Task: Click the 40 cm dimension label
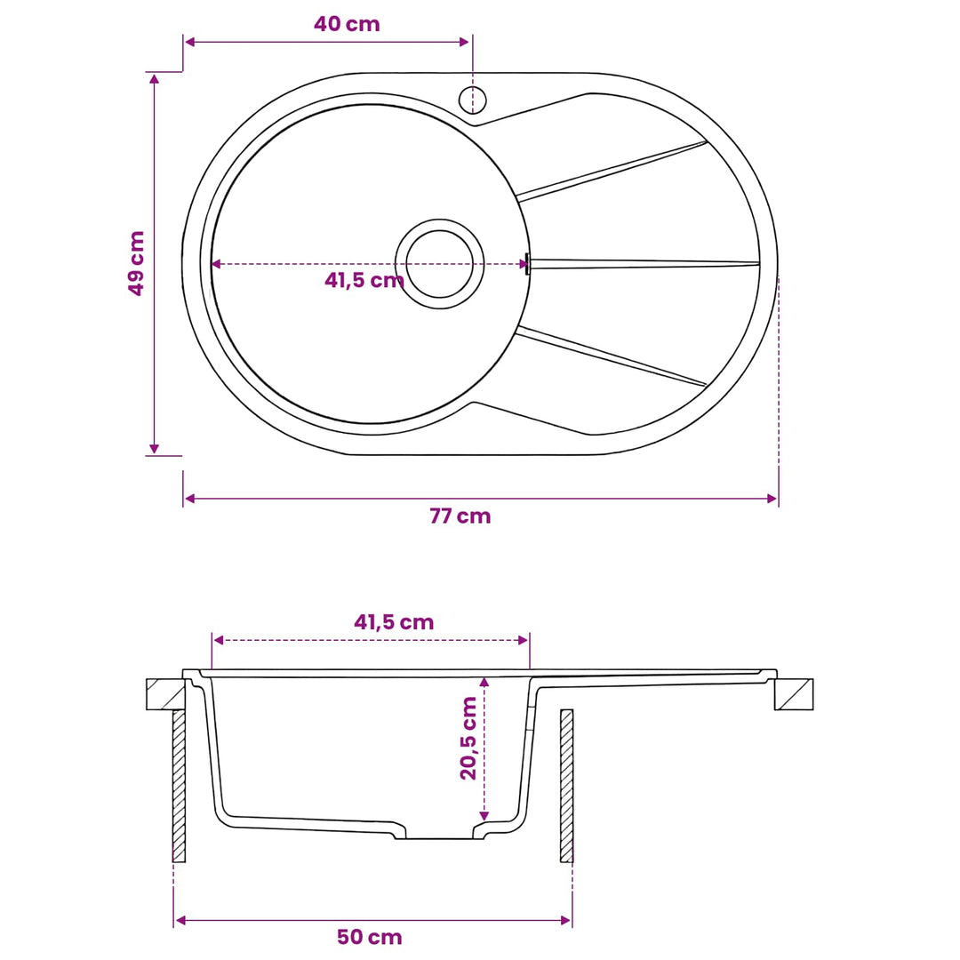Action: [347, 25]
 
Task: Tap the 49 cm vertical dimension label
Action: [136, 263]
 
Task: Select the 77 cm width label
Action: [460, 516]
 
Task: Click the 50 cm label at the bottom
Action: [369, 937]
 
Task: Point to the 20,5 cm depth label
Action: [468, 738]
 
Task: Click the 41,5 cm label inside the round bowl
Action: [364, 280]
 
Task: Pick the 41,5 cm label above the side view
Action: [394, 622]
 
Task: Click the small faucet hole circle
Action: [472, 100]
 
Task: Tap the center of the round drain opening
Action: [440, 264]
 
